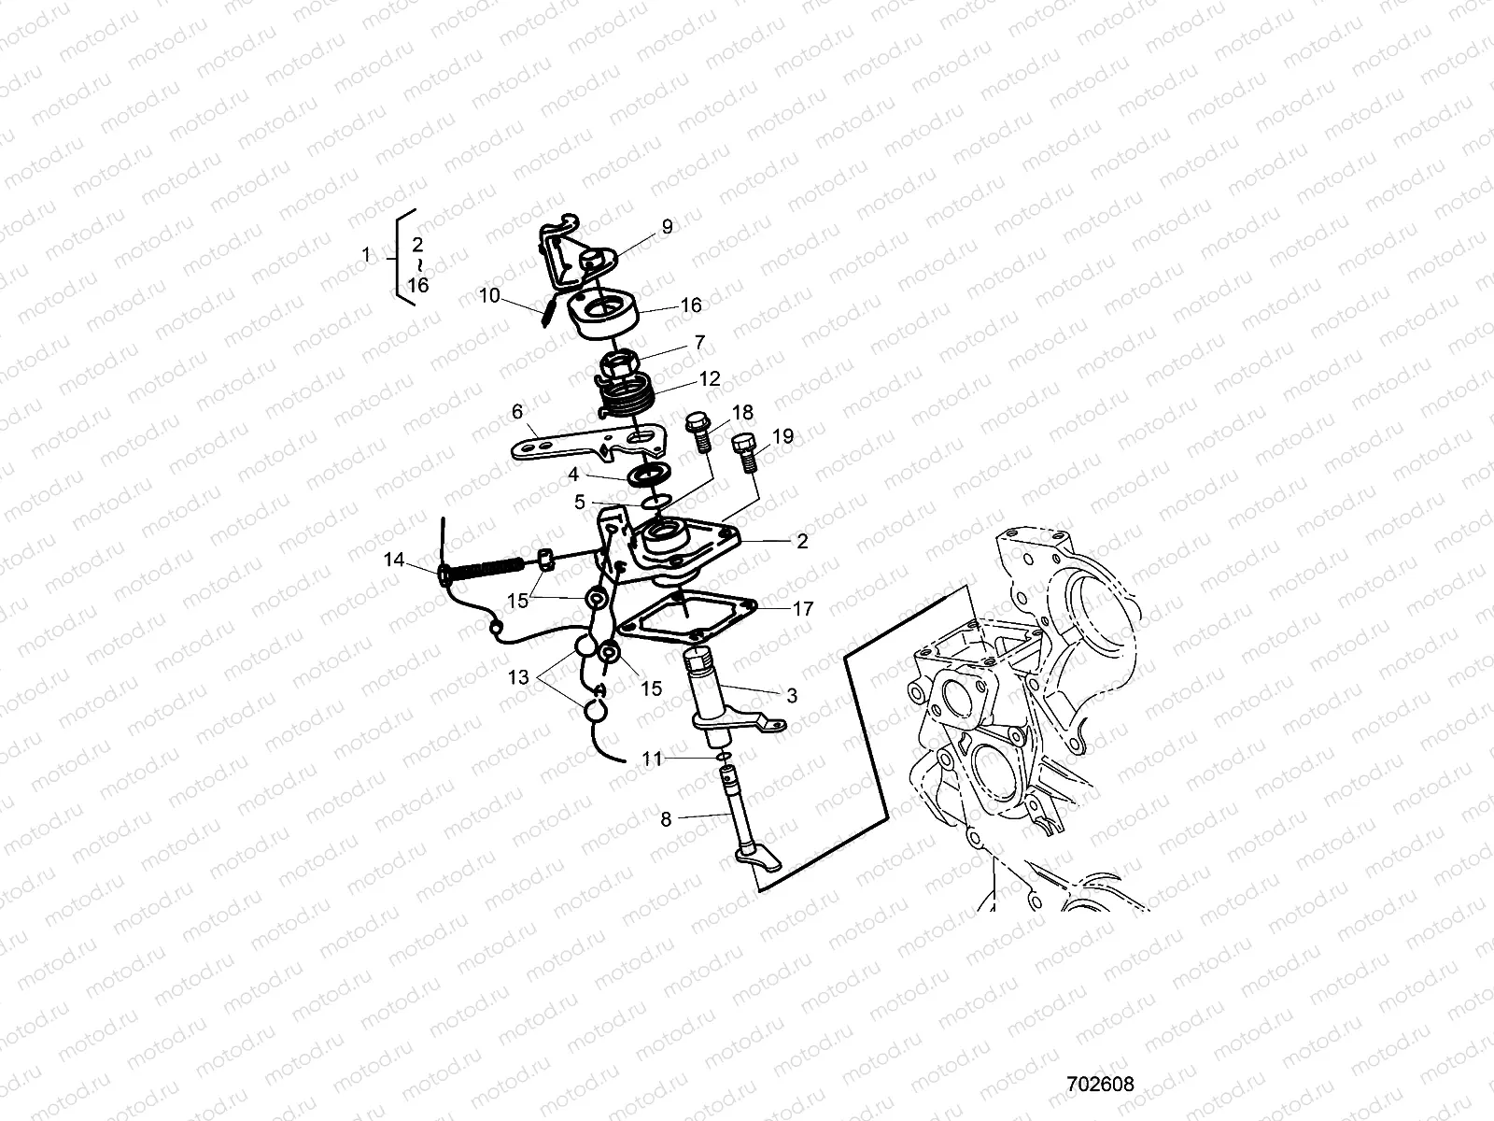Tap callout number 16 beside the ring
(691, 305)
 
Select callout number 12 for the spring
(710, 379)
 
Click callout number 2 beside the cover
(802, 541)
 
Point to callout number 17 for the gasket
(803, 608)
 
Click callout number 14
(394, 560)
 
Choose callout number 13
(519, 676)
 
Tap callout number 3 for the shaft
(792, 695)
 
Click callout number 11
(652, 759)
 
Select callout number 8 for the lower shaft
(666, 819)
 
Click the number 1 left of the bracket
(367, 254)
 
